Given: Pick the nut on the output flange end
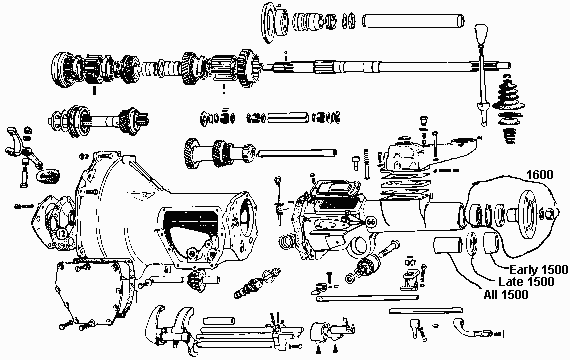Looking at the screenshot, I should [x=551, y=213].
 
